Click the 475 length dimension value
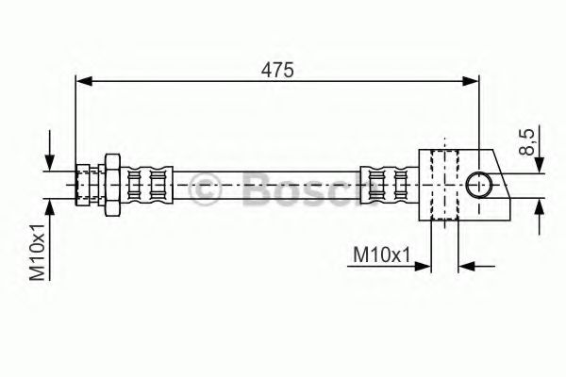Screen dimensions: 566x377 (x=277, y=70)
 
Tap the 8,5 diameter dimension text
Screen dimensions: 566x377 (x=527, y=142)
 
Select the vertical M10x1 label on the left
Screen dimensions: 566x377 (x=37, y=252)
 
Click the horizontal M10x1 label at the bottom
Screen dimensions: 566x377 (x=381, y=255)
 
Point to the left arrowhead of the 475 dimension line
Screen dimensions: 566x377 (x=84, y=81)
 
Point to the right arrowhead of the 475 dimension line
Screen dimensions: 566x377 (x=471, y=81)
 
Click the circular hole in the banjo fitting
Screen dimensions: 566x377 (x=478, y=185)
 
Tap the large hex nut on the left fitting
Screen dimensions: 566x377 (x=112, y=185)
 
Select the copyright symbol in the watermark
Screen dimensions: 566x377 (x=205, y=188)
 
